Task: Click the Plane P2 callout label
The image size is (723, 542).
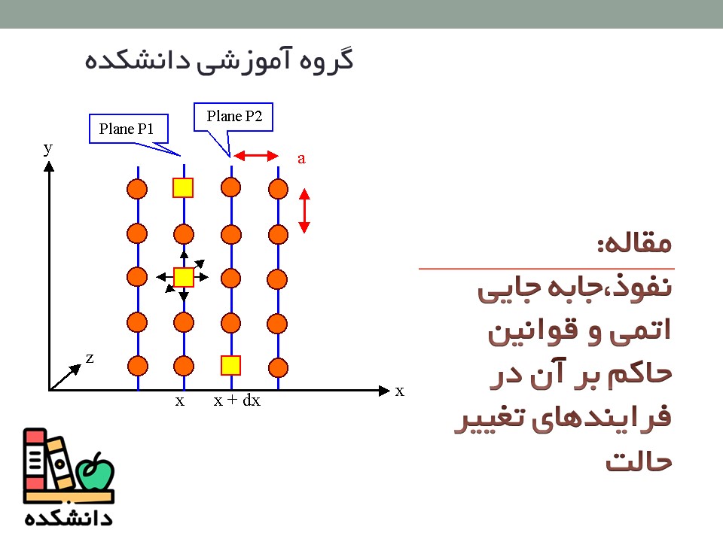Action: pos(234,116)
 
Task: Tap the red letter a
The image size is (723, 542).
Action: pos(301,159)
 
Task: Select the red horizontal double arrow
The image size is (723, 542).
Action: pos(256,156)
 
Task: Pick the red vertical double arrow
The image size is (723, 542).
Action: pos(304,211)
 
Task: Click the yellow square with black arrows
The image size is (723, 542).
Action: pos(184,278)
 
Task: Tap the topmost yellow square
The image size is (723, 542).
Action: pos(183,187)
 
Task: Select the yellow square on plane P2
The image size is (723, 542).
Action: pos(230,366)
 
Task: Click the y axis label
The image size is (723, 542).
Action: pos(48,148)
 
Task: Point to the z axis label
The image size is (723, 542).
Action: pos(90,358)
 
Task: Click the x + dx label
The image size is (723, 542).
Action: pos(237,400)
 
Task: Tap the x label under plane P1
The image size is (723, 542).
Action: pos(180,401)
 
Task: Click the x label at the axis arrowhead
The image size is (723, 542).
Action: pos(400,391)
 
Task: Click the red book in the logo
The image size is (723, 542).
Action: pos(35,459)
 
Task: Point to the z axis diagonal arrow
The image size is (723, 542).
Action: pos(66,377)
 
